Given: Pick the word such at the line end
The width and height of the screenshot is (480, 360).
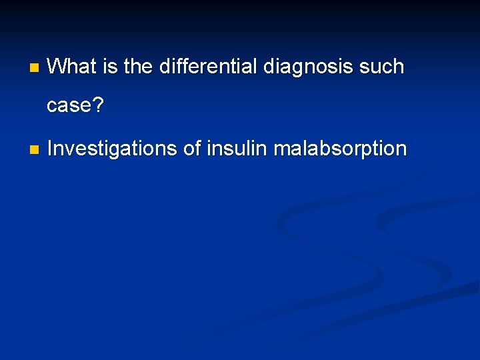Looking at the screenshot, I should click(382, 67).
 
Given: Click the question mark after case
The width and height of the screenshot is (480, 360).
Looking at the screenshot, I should click(98, 105).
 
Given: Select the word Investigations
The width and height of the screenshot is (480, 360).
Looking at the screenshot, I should click(112, 148).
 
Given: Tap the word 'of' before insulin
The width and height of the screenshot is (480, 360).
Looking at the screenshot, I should click(192, 148).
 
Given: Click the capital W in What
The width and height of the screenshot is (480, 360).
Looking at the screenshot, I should click(57, 67).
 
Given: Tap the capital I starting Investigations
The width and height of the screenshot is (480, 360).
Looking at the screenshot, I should click(51, 148).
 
